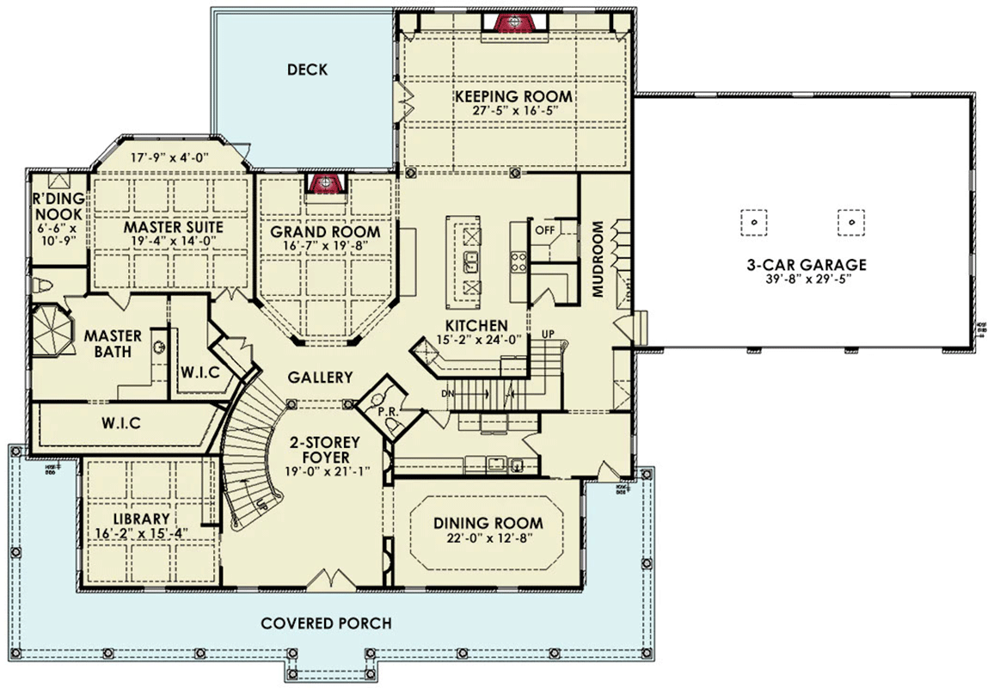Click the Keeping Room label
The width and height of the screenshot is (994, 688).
(x=513, y=95)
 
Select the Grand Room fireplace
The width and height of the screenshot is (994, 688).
(x=324, y=183)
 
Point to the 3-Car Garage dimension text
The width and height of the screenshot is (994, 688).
(x=805, y=280)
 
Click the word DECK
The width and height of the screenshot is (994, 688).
(x=307, y=70)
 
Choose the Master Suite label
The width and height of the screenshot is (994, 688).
(x=173, y=227)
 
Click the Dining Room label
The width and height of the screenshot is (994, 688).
(x=488, y=523)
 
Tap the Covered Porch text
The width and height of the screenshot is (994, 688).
(x=326, y=623)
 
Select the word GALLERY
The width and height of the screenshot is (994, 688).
(x=320, y=377)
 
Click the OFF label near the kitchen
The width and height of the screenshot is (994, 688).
(x=543, y=230)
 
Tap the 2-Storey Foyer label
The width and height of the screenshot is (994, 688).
(x=323, y=449)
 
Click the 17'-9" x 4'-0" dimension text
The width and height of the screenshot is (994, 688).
(x=172, y=158)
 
